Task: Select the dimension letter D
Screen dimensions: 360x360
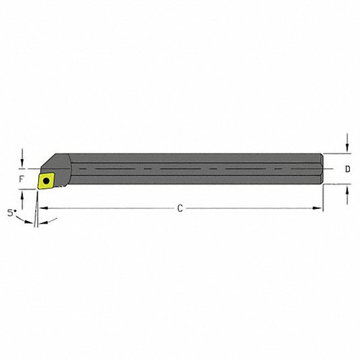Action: coord(348,170)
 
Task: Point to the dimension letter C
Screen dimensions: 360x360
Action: coord(180,209)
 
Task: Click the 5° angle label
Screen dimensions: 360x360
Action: coord(10,214)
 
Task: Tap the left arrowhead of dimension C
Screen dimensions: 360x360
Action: coord(41,209)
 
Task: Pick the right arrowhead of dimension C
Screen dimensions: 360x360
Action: coord(320,209)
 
